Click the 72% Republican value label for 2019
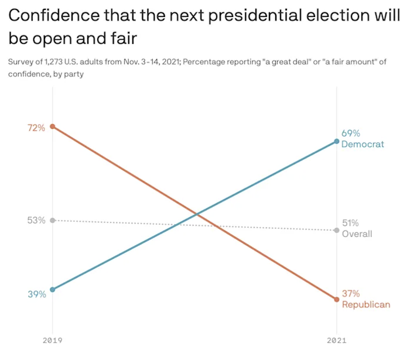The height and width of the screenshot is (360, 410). click(x=36, y=127)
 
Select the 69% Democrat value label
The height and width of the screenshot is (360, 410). click(x=351, y=133)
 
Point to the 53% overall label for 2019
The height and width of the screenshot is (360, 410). click(x=36, y=221)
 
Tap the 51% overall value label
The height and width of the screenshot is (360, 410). click(x=351, y=223)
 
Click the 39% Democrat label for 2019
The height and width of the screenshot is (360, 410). click(x=36, y=294)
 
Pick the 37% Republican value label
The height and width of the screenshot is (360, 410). click(x=351, y=294)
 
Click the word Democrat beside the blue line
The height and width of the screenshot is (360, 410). click(x=363, y=144)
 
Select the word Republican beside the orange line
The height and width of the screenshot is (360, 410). click(x=365, y=304)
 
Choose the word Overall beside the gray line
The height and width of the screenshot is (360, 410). click(x=357, y=234)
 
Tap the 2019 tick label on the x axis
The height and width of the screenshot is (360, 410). click(x=53, y=340)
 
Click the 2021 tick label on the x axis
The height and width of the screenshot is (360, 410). click(x=337, y=340)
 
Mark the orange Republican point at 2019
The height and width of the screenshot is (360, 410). click(x=53, y=126)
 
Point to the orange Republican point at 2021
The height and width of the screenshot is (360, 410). click(x=337, y=299)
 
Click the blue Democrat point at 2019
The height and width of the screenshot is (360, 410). click(x=53, y=289)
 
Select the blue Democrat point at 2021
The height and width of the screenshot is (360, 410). click(x=337, y=141)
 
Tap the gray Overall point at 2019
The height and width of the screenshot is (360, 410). click(x=53, y=220)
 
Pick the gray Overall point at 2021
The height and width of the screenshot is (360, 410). click(x=337, y=230)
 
